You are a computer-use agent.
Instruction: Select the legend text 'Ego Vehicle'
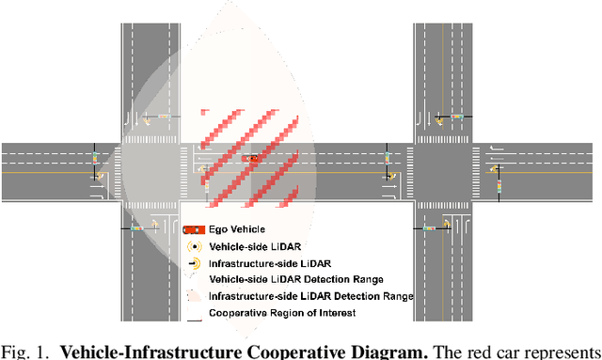(236, 228)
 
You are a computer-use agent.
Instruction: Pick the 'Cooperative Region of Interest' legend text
(269, 313)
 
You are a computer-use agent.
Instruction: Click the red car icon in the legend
(193, 228)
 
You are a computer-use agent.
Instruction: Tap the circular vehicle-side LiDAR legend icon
(193, 245)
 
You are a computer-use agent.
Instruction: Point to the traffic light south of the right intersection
(429, 227)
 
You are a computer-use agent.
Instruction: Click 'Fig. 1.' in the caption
(22, 351)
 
